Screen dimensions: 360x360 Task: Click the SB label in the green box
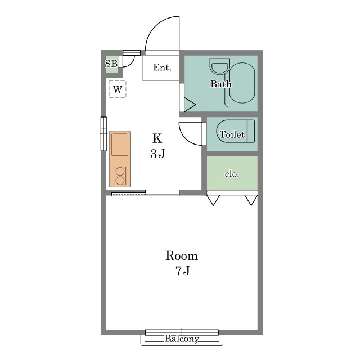point(111,64)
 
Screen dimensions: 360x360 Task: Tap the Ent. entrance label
point(163,67)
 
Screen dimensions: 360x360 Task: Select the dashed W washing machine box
point(118,89)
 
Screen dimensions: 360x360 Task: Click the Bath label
point(221,84)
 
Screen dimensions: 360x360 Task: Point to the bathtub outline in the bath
point(242,83)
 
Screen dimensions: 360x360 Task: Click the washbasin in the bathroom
point(220,66)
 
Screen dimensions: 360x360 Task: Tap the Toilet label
point(232,134)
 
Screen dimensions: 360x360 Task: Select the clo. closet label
point(232,174)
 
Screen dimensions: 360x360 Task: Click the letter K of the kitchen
point(157,138)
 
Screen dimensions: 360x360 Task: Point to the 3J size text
point(157,154)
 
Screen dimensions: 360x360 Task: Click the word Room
point(181,255)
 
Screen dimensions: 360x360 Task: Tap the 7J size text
point(183,271)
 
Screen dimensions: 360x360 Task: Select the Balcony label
point(182,339)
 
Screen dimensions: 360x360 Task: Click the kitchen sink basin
point(120,145)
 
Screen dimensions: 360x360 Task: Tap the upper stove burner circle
point(120,171)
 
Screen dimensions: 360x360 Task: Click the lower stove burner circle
point(120,181)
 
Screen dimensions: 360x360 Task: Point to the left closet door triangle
point(213,200)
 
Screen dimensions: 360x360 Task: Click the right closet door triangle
point(251,200)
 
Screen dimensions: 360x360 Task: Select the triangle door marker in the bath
point(190,105)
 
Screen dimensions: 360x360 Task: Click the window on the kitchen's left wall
point(103,134)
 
